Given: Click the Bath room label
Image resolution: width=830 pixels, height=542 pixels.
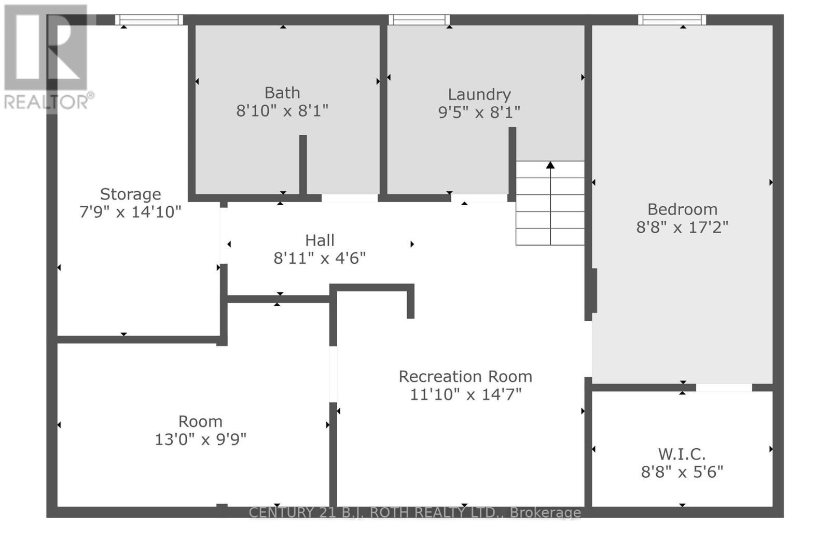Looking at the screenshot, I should click(x=282, y=93).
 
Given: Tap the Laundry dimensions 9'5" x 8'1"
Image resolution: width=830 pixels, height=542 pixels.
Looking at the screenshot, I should click(x=479, y=112).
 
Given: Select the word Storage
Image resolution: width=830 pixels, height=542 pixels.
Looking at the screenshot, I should click(x=130, y=194).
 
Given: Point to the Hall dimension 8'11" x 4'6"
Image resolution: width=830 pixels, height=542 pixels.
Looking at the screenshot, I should click(x=320, y=258).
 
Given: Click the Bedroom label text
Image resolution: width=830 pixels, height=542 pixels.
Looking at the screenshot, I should click(x=682, y=209).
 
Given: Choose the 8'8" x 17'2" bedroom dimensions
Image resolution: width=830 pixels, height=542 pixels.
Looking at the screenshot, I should click(x=682, y=227).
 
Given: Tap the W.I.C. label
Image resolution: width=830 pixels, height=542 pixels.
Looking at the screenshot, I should click(x=682, y=454).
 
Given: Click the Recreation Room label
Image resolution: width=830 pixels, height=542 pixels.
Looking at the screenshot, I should click(x=465, y=377).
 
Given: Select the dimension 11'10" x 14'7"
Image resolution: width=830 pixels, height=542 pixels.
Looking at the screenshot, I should click(x=465, y=395).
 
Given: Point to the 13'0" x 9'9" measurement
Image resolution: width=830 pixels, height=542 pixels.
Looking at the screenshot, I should click(x=200, y=439).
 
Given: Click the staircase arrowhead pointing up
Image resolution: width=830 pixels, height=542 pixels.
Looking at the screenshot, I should click(x=550, y=165).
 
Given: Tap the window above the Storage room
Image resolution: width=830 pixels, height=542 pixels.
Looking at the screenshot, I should click(x=149, y=20).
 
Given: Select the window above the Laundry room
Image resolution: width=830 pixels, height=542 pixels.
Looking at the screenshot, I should click(x=419, y=20).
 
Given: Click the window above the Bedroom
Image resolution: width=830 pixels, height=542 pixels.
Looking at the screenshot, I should click(x=672, y=20).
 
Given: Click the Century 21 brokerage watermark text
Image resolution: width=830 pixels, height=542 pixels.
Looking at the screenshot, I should click(x=414, y=512).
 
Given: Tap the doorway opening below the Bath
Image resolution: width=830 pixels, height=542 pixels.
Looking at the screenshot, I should click(x=349, y=198).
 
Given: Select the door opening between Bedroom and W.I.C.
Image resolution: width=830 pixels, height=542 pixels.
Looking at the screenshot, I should click(x=724, y=387).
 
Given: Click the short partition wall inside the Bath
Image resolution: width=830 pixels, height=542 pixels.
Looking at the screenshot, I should click(x=303, y=165).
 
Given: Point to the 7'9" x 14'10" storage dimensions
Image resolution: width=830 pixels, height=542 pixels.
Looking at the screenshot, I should click(x=130, y=212).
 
